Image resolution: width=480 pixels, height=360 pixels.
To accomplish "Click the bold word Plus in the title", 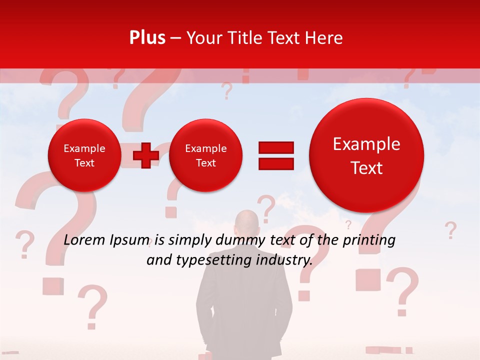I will point(147,38).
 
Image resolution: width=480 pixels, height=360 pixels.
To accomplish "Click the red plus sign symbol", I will point(146,155).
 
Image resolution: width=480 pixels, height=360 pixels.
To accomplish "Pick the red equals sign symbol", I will point(275,155).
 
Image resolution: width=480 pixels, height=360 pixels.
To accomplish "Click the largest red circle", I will point(366,155).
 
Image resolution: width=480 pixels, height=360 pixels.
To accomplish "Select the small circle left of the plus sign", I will point(84,155).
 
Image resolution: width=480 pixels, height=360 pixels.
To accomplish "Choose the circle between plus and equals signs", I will point(205,155).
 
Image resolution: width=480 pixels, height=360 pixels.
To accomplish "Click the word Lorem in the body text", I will point(85,240).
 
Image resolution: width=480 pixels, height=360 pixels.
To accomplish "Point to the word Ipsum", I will point(131,240).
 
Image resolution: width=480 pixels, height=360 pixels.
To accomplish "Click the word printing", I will point(369,240).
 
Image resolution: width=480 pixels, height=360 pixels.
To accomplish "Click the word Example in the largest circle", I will point(366,144).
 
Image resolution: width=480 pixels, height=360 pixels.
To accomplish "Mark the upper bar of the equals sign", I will point(275,147).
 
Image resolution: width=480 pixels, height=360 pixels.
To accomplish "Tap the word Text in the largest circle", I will point(366,168).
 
